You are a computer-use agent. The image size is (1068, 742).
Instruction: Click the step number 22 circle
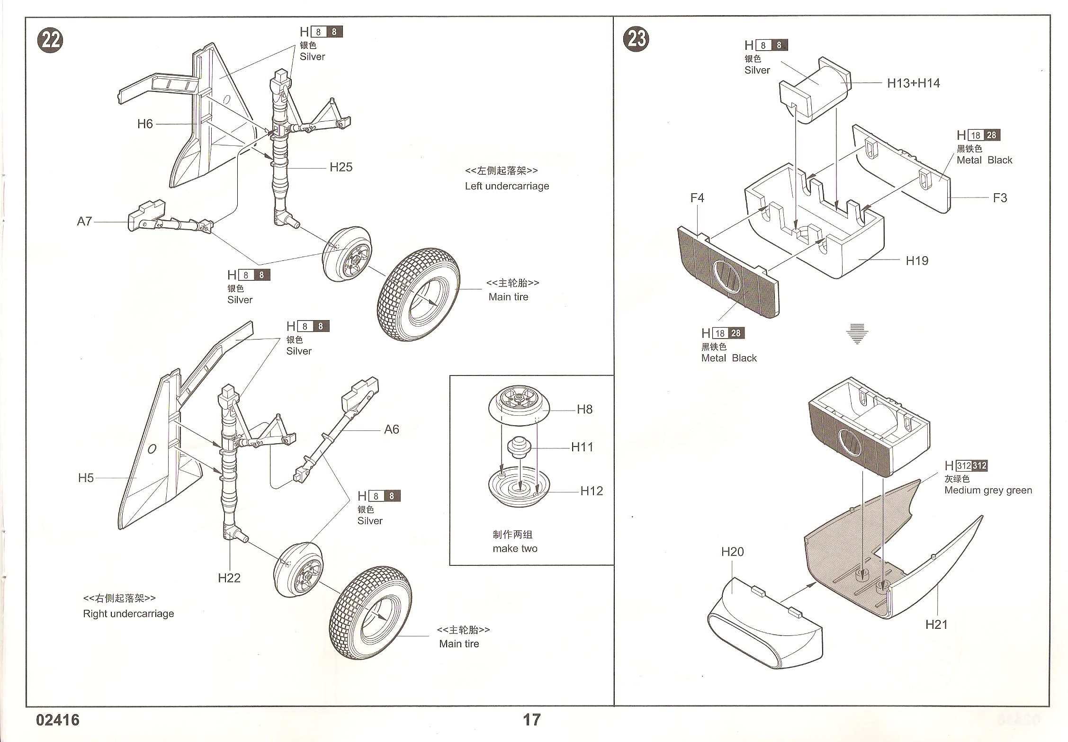[50, 41]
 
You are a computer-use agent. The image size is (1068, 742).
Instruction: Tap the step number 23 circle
[637, 39]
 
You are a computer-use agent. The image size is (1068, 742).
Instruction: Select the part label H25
[341, 167]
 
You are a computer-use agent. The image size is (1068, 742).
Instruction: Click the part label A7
[84, 221]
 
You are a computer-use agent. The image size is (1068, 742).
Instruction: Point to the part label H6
[145, 124]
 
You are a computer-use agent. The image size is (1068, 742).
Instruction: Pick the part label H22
[229, 578]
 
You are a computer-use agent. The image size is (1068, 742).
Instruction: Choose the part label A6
[392, 429]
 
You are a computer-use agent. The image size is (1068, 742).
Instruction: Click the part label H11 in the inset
[582, 447]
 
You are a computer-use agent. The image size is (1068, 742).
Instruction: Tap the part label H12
[592, 491]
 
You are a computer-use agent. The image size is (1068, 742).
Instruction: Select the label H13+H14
[913, 83]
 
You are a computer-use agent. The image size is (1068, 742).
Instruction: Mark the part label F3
[1000, 198]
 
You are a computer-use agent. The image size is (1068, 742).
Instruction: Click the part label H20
[732, 552]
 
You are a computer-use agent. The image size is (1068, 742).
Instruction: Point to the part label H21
[936, 625]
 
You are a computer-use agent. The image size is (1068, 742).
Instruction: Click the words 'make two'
[515, 549]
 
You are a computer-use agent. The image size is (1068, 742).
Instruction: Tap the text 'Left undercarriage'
[507, 186]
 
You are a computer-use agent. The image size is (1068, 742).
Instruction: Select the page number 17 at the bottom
[531, 720]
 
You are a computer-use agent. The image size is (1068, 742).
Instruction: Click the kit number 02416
[58, 720]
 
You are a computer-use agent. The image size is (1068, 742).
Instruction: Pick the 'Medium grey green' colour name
[988, 491]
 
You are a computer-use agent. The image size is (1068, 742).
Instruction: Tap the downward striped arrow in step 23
[857, 333]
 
